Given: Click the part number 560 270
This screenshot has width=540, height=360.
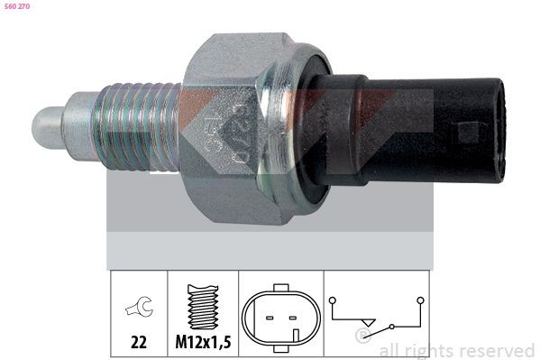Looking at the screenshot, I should tap(18, 6).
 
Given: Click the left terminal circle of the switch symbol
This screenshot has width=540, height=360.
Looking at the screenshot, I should tap(334, 299).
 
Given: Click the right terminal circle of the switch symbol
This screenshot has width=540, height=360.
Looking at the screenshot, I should tap(420, 299).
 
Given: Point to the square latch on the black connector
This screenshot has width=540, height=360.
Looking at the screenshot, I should tap(468, 133).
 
